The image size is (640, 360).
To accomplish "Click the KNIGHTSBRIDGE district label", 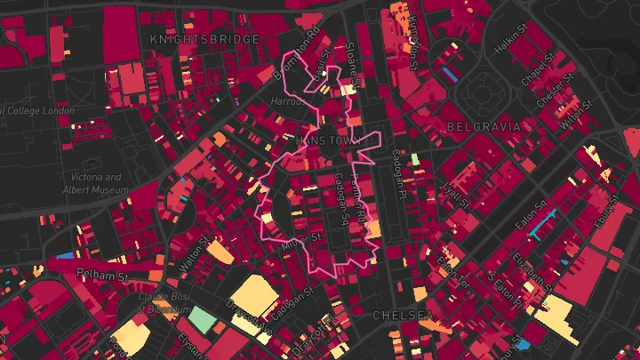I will click(204, 39).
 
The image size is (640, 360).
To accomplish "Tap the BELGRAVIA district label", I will click(484, 127).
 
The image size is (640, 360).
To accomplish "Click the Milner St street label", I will click(301, 239).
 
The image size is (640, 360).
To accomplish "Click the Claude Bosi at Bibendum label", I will click(153, 301).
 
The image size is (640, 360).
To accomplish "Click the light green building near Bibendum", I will click(203, 319).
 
